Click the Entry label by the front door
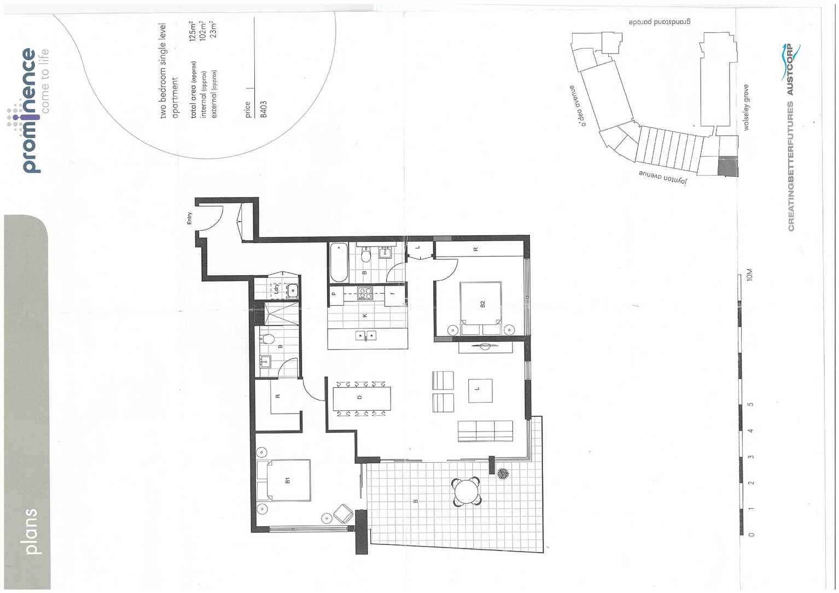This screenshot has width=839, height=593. (189, 218)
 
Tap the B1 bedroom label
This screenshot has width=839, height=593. (288, 480)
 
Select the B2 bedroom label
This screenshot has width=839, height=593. (482, 304)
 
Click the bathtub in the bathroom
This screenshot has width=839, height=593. (339, 263)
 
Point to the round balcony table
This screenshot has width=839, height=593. (467, 491)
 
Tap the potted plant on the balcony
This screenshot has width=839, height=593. (503, 474)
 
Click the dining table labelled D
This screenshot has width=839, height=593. (362, 398)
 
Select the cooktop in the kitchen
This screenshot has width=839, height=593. (364, 294)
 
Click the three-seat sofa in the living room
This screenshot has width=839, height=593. (486, 431)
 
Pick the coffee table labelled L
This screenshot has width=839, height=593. (480, 391)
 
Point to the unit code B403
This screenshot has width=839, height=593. (263, 109)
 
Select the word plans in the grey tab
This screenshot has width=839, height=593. (32, 531)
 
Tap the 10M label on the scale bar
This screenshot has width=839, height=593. (749, 275)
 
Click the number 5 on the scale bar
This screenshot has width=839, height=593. (750, 404)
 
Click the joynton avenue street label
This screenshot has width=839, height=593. (663, 178)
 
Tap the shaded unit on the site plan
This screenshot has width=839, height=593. (728, 166)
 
